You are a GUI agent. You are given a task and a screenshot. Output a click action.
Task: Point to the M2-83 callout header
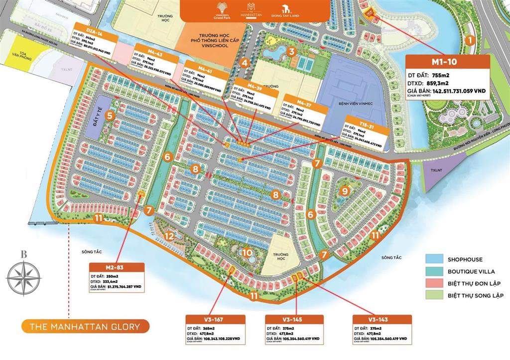pos(118,267)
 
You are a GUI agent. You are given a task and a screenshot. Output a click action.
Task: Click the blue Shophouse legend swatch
pos(435,259)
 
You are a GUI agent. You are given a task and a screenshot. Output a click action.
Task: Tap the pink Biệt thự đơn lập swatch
pos(435,283)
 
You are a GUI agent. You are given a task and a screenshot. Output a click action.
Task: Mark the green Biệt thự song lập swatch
pos(435,295)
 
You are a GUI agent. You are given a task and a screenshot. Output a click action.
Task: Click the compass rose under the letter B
pos(23,275)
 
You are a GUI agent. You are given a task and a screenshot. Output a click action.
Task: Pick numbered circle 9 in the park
pos(344,191)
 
